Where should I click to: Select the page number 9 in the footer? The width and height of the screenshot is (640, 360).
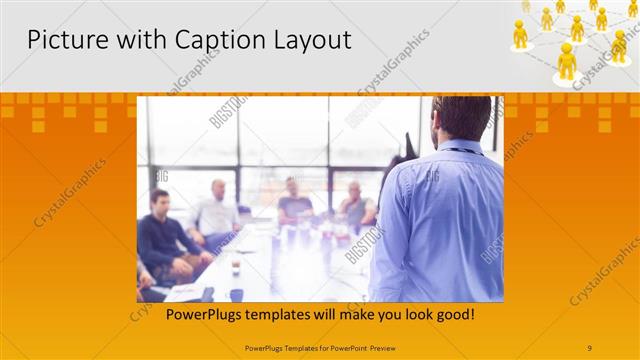(x=590, y=347)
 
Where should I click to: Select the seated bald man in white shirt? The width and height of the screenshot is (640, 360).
(x=217, y=210)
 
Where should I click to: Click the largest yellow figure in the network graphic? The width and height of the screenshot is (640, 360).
(x=567, y=61)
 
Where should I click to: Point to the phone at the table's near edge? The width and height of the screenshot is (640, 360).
(x=207, y=294)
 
